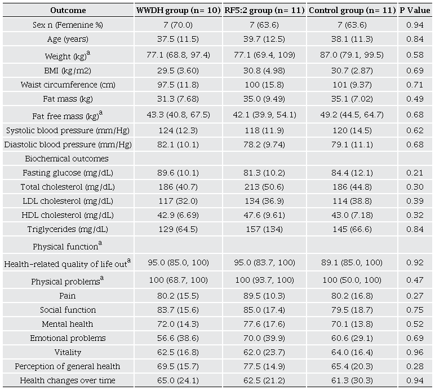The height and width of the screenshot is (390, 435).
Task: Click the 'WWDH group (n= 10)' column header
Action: (177, 11)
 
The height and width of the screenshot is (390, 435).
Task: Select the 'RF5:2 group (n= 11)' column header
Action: (264, 11)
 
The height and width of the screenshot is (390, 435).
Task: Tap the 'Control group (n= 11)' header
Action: (353, 11)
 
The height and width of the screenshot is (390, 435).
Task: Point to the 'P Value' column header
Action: (415, 11)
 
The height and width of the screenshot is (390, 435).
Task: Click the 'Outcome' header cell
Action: (68, 11)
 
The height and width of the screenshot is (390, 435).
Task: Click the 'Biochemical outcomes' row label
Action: (68, 159)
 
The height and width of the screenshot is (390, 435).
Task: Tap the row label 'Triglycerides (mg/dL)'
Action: (68, 229)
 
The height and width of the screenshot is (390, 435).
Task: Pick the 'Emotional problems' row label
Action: (68, 338)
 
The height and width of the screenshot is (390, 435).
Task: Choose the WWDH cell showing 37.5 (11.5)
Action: (177, 39)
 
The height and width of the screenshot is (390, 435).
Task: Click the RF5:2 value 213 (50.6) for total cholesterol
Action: (264, 187)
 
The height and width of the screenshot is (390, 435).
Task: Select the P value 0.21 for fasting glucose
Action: (415, 173)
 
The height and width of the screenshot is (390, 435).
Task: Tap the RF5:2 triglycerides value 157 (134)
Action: (264, 229)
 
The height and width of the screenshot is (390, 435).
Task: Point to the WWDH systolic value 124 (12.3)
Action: (177, 130)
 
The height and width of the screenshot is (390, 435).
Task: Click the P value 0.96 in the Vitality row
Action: (415, 352)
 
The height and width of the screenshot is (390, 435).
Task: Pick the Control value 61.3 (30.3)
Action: (353, 380)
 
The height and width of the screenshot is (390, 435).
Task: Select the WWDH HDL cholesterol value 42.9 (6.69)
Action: (177, 215)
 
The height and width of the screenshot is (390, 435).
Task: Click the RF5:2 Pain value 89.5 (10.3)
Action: (264, 296)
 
